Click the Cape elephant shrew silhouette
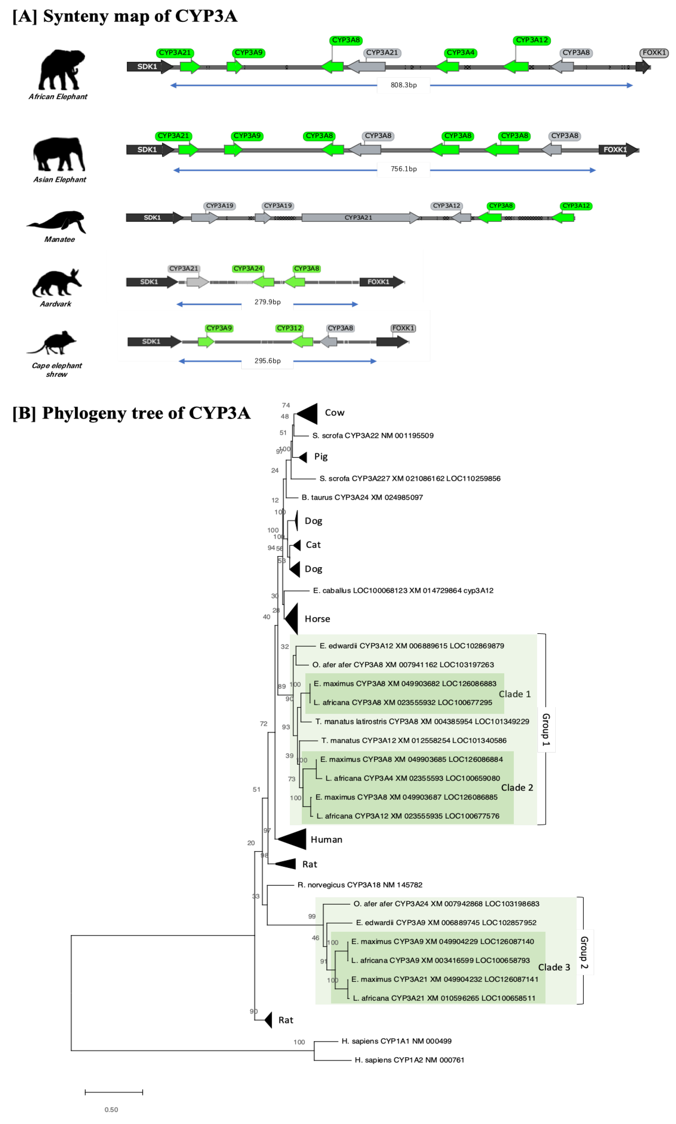(54, 342)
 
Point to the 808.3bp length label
(403, 85)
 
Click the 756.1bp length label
(403, 169)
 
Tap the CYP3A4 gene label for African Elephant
(461, 53)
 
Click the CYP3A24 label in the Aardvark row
(248, 268)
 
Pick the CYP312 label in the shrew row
(289, 328)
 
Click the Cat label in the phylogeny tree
(313, 545)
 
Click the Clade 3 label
(554, 967)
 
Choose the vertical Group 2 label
(584, 952)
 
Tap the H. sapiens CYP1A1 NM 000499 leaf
(396, 1041)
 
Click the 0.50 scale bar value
(111, 1110)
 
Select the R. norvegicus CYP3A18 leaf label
(360, 885)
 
